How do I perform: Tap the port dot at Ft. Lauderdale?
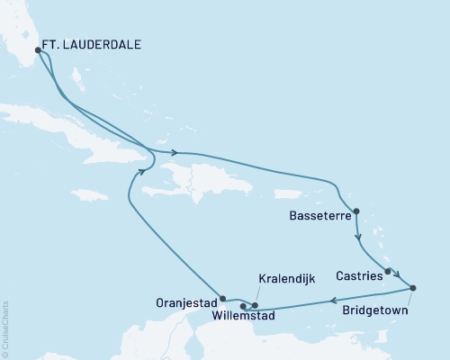(x=38, y=50)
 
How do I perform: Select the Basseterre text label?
(x=322, y=216)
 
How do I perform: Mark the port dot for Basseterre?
(x=357, y=212)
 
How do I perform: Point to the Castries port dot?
(x=388, y=271)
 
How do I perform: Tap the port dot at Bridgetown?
(x=412, y=288)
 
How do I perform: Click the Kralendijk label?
(x=286, y=280)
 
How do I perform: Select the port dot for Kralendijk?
(x=256, y=305)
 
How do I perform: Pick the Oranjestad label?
(x=187, y=301)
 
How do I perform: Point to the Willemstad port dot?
(x=243, y=307)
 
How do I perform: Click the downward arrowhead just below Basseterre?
(x=358, y=239)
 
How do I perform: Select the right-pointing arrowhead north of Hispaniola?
(x=173, y=153)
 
